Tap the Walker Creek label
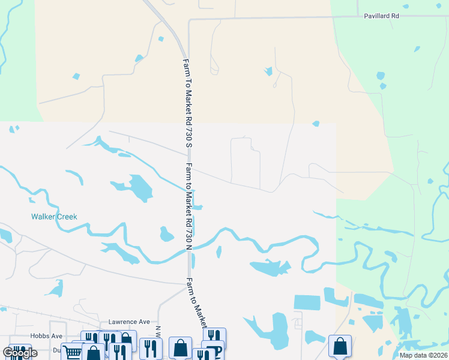coord(55,217)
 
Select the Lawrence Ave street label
coord(128,322)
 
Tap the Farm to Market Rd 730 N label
coord(189,206)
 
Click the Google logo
coord(20,353)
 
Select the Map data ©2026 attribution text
coord(423,355)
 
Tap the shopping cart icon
coord(71,352)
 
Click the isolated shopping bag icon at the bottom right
coord(340,346)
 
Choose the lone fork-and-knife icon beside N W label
coord(150,347)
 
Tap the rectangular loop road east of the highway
coord(246,161)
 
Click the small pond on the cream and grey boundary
coord(316,124)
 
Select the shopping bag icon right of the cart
coord(94,353)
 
